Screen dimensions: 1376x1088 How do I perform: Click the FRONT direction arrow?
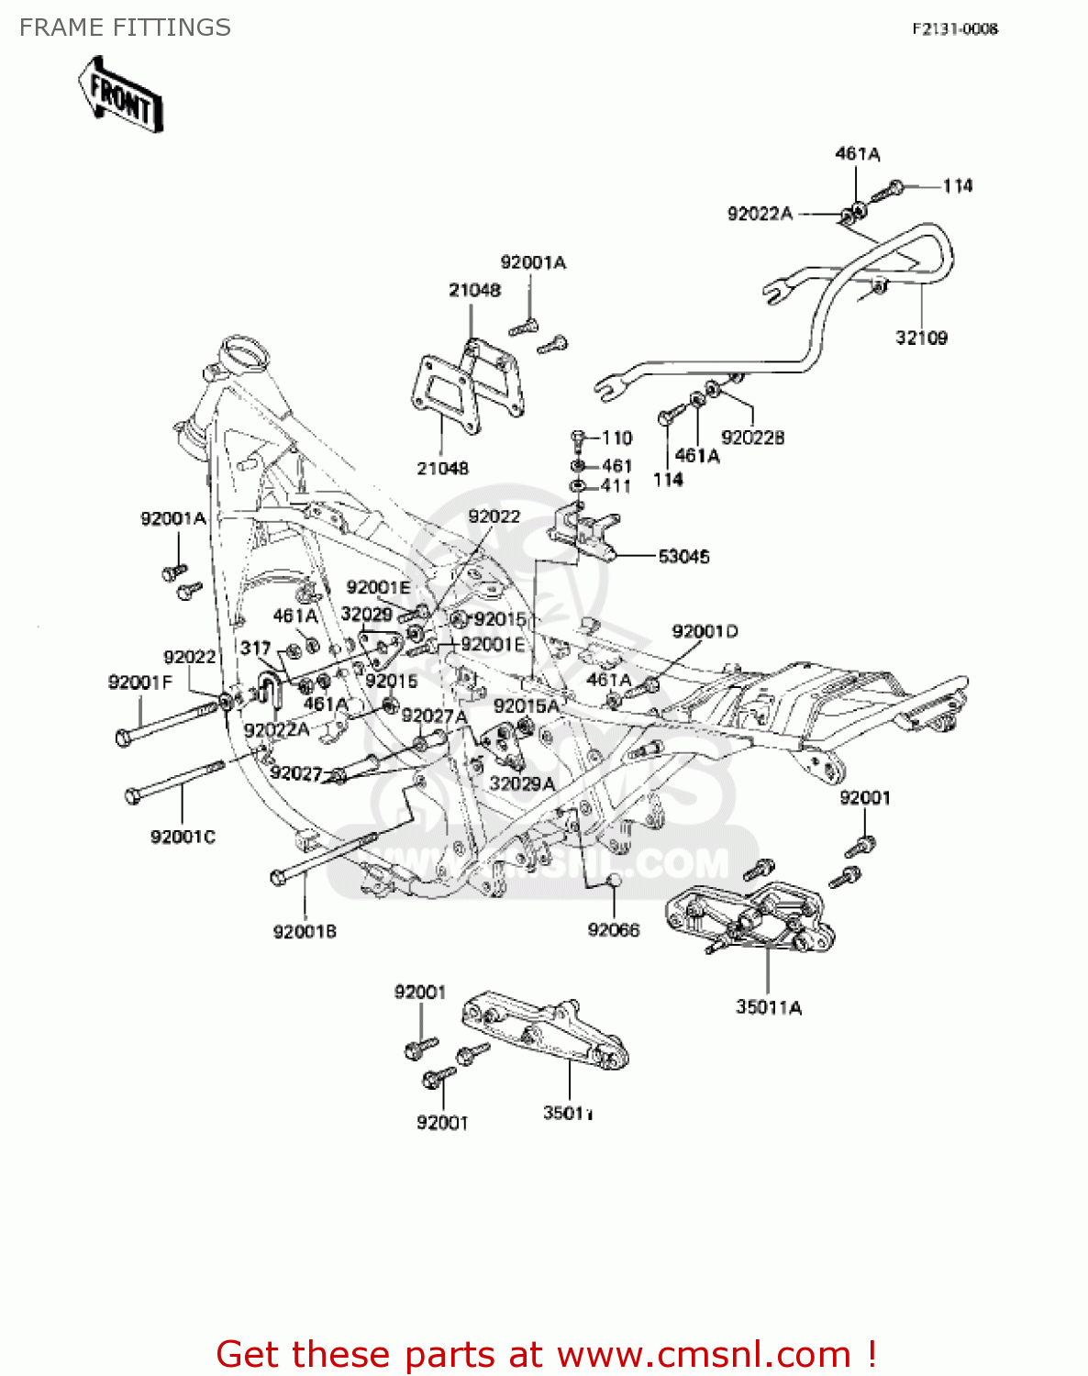click(120, 95)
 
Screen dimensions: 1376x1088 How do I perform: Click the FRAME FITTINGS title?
click(125, 28)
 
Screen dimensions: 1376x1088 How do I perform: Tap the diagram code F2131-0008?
click(954, 28)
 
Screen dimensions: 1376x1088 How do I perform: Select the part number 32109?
click(921, 338)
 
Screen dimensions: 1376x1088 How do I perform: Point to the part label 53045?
click(683, 556)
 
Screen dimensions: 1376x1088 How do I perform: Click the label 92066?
click(614, 930)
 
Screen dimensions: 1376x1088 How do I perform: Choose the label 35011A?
click(769, 1007)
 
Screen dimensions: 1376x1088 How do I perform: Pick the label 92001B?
click(305, 931)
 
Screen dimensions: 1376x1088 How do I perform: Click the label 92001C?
click(183, 837)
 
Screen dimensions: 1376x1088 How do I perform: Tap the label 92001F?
click(139, 682)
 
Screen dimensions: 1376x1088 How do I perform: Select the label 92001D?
click(705, 631)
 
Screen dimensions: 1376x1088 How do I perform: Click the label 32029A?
click(522, 783)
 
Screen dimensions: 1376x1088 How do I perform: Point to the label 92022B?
click(752, 438)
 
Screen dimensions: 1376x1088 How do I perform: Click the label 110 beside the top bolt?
click(616, 438)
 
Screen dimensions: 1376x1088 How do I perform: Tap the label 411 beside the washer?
click(616, 486)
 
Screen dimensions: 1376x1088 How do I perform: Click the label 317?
click(255, 648)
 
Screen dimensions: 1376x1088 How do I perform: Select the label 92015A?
click(526, 705)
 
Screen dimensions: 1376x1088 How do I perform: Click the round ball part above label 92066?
click(615, 881)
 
